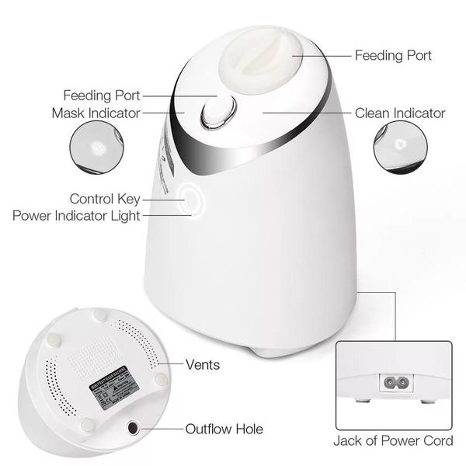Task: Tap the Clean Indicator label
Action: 400,113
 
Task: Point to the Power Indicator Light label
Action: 76,215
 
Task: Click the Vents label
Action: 203,364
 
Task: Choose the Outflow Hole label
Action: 224,429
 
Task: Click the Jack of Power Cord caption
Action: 393,441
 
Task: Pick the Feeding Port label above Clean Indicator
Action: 393,56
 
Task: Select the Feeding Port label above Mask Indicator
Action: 102,96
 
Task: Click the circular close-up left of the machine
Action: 97,145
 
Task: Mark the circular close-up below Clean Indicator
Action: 401,145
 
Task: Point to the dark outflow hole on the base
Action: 134,429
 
